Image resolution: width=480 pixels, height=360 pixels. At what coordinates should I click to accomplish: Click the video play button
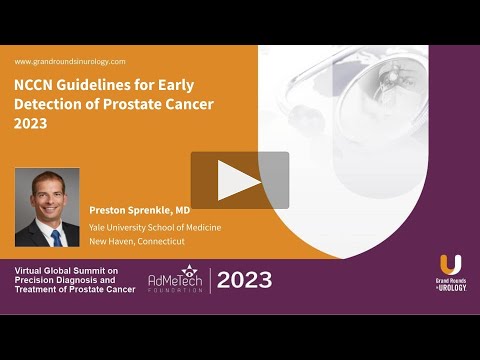coord(240,180)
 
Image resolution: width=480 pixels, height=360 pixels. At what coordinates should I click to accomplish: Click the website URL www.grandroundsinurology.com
coord(70,61)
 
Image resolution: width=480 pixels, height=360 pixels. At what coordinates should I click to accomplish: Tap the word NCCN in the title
coord(36,85)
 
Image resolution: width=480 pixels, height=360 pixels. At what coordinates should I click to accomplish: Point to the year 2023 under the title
coord(33,125)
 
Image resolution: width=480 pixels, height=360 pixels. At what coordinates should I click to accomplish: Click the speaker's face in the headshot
coord(47,196)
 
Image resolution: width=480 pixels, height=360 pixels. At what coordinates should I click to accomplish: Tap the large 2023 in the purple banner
coord(244,280)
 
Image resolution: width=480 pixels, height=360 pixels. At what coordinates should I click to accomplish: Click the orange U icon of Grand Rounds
coord(450,266)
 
